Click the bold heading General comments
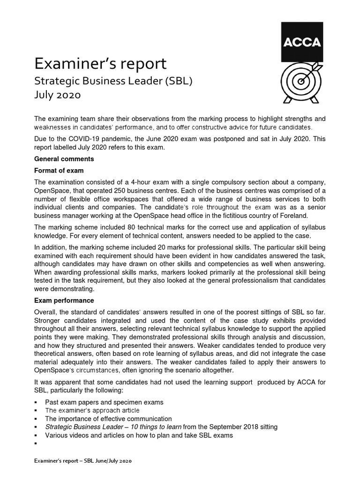pyautogui.click(x=64, y=159)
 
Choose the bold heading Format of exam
pyautogui.click(x=59, y=170)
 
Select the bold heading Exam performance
pyautogui.click(x=64, y=300)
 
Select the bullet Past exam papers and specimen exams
pyautogui.click(x=104, y=402)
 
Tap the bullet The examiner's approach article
pyautogui.click(x=92, y=410)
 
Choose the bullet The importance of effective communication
pyautogui.click(x=108, y=419)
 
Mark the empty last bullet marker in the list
pyautogui.click(x=36, y=443)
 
